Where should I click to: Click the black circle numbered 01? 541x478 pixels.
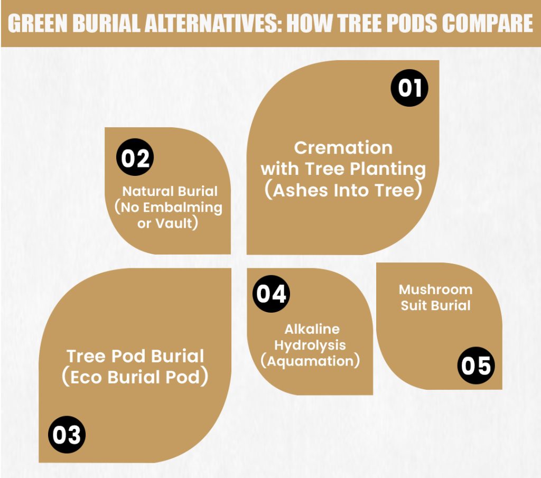tap(409, 88)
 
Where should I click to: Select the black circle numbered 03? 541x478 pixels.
tap(67, 435)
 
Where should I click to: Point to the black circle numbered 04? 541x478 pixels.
tap(271, 294)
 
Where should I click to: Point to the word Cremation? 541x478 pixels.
tap(343, 148)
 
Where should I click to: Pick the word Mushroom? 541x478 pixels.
tap(435, 289)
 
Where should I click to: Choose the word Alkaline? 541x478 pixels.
tap(312, 329)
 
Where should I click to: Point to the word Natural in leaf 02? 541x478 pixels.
tap(146, 191)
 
